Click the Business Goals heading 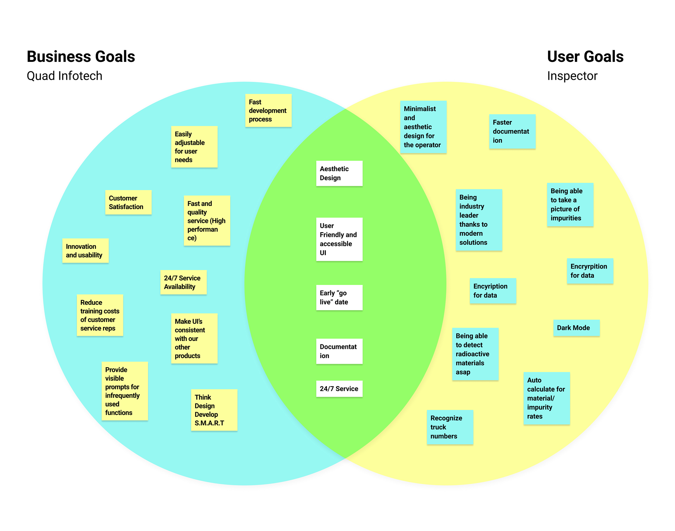coord(81,57)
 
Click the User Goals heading coord(585,57)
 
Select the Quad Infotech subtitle coord(64,76)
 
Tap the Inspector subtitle coord(572,76)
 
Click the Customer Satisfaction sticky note coord(128,202)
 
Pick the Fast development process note coord(268,110)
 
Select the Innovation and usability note coord(85,251)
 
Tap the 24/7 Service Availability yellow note coord(183,282)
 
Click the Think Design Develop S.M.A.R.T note coord(214,410)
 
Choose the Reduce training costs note coord(100,315)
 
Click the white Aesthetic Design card coord(339,173)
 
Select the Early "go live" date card coord(339,297)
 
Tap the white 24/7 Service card coord(339,389)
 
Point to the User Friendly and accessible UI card coord(339,239)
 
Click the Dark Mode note coord(576,328)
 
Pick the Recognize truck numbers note coord(450,427)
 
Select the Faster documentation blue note coord(512,131)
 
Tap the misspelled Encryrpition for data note coord(590,271)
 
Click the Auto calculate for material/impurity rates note coord(546,398)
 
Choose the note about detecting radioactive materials coord(475,354)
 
